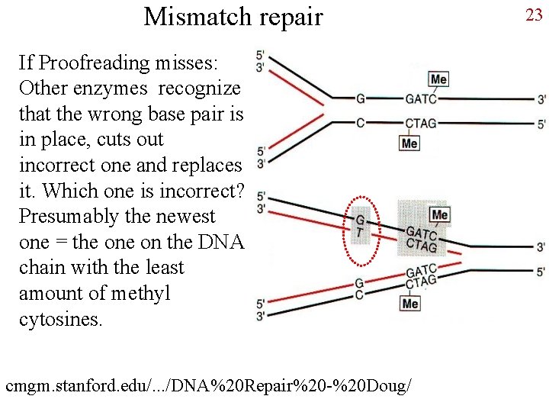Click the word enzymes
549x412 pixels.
click(114, 89)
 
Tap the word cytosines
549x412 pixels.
click(59, 319)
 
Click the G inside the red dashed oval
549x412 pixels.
click(361, 220)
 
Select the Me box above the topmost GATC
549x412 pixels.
click(438, 79)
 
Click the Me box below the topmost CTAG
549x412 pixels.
click(409, 143)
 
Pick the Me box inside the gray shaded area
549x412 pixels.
click(439, 214)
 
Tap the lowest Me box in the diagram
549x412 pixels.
click(410, 303)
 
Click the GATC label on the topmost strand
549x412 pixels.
click(421, 99)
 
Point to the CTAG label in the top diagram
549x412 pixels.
click(421, 123)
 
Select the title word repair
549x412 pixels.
click(292, 16)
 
